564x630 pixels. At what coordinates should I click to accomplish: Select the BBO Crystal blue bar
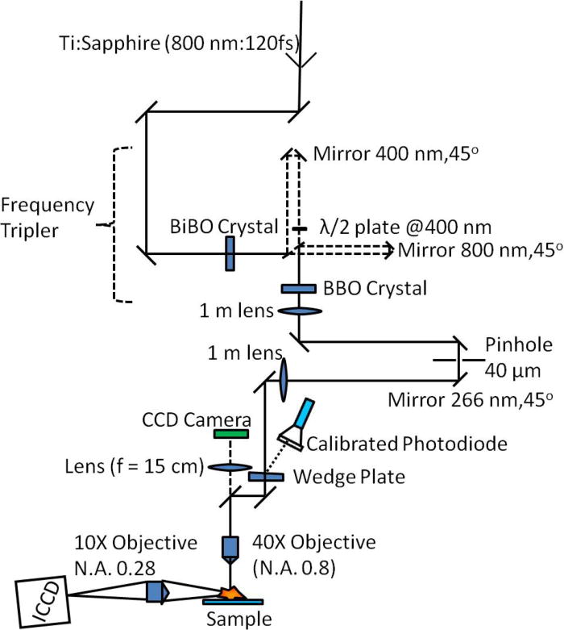point(299,288)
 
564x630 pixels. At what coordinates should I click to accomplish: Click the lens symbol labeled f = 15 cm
point(230,466)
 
